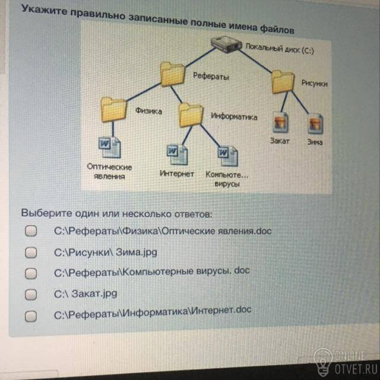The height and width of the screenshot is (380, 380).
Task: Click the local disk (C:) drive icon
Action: [x=226, y=44]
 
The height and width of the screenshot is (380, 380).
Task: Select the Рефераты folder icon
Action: [x=172, y=74]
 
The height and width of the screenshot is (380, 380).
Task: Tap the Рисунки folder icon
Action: [x=283, y=82]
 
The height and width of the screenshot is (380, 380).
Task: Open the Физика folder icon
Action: [x=113, y=109]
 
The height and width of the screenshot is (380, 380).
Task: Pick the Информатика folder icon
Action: [x=191, y=115]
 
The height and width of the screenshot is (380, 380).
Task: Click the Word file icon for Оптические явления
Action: [x=109, y=147]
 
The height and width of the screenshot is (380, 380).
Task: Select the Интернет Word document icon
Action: [x=177, y=154]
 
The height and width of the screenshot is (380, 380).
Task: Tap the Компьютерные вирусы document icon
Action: [x=228, y=156]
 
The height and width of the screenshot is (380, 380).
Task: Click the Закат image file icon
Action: [x=280, y=122]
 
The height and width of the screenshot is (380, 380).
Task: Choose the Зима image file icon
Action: [x=315, y=124]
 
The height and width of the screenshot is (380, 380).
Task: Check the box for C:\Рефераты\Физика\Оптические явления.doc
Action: [x=31, y=231]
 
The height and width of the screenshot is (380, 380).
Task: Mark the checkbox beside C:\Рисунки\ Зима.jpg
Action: [x=31, y=252]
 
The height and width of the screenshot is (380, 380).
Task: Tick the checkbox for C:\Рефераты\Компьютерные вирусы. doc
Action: [x=31, y=273]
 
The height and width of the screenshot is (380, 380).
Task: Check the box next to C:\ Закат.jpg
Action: [x=31, y=294]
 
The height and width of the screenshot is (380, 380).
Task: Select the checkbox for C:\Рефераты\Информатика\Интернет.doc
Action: [x=31, y=316]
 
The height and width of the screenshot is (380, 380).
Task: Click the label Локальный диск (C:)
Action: [x=280, y=49]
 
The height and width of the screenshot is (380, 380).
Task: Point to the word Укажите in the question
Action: [x=45, y=11]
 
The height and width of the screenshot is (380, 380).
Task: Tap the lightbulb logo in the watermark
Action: [x=323, y=361]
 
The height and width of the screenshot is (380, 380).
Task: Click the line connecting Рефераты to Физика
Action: [x=144, y=92]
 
